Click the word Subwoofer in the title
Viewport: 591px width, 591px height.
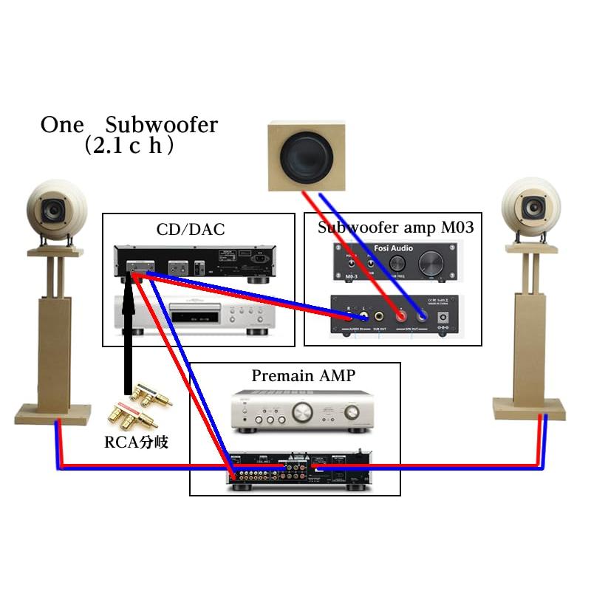(162, 125)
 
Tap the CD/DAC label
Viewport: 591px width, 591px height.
(190, 230)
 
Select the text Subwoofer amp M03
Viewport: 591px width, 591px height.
(395, 227)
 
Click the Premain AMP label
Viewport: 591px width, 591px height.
(303, 375)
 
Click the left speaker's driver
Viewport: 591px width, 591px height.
(53, 209)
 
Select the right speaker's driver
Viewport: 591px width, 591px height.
(534, 208)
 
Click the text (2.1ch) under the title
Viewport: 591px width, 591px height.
(129, 146)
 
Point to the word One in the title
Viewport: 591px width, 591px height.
(63, 125)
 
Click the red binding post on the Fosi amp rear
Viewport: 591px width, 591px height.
(401, 315)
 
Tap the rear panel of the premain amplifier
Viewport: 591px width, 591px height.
(295, 470)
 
